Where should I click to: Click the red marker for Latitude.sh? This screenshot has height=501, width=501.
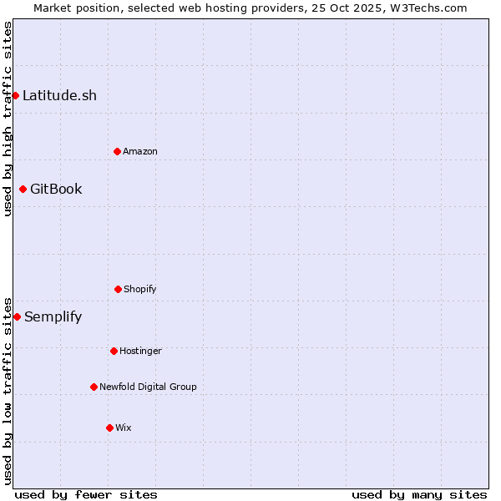tap(15, 95)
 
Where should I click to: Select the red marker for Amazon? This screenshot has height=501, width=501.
tap(117, 151)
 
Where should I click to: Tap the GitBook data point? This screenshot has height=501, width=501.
tap(23, 189)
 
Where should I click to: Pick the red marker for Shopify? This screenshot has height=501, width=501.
tap(118, 289)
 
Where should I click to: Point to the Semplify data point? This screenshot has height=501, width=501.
tap(17, 316)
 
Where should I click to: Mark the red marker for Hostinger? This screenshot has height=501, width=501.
tap(114, 351)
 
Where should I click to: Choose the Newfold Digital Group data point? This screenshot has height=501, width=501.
tap(94, 387)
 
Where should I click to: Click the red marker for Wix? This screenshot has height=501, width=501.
tap(109, 428)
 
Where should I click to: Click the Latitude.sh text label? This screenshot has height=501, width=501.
tap(59, 95)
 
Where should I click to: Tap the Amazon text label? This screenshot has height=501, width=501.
tap(140, 151)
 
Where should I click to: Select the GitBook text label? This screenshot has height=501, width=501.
tap(56, 189)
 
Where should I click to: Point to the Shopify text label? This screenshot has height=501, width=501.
tap(140, 289)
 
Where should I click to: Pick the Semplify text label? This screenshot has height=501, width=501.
tap(53, 316)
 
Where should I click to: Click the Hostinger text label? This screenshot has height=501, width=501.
tap(140, 351)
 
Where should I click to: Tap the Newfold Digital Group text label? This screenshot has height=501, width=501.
tap(148, 387)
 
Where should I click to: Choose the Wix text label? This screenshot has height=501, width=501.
tap(124, 428)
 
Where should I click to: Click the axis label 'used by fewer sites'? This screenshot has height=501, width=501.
tap(86, 494)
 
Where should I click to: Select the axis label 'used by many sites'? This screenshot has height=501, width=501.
tap(419, 494)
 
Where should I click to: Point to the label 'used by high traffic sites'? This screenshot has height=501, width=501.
tap(8, 119)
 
